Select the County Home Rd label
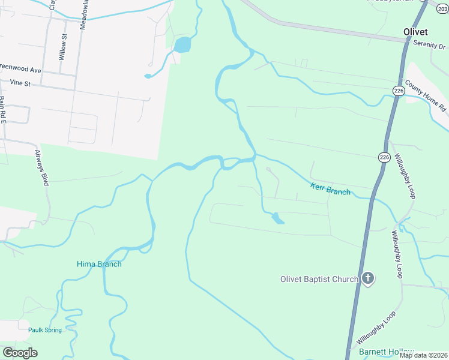[x=426, y=96]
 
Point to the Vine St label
[x=20, y=83]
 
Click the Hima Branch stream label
[x=99, y=264]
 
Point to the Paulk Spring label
[x=44, y=330]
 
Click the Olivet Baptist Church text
[x=319, y=279]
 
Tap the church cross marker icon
[x=368, y=278]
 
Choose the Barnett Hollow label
[x=386, y=352]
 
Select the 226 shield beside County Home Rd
[x=399, y=90]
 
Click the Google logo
[x=20, y=353]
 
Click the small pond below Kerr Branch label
[x=278, y=218]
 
